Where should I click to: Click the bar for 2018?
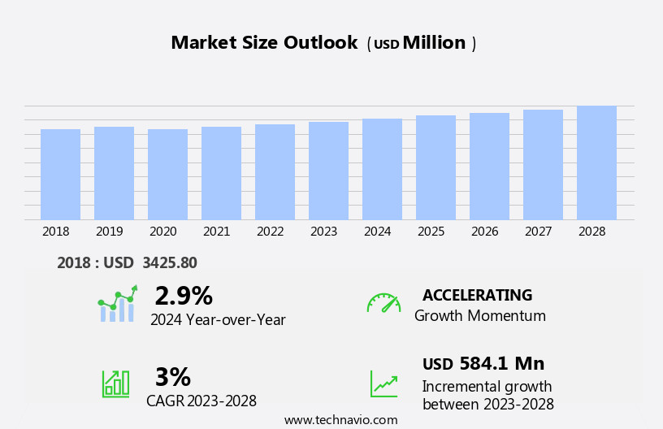60,174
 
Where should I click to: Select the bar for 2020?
167,174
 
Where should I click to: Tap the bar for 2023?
328,171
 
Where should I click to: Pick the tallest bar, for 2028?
596,162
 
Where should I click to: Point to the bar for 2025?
435,167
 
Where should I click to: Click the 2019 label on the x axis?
109,232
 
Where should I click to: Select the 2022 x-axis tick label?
270,232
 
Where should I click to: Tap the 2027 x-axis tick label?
538,232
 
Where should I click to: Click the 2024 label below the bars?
377,232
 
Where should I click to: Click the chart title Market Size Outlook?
264,43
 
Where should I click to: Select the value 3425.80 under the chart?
169,262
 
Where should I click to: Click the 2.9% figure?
184,296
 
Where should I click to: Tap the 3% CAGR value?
172,377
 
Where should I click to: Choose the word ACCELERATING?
477,295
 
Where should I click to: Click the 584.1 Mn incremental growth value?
501,364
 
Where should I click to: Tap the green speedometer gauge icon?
383,303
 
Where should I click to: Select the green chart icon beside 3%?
115,383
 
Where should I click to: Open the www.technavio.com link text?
340,420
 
